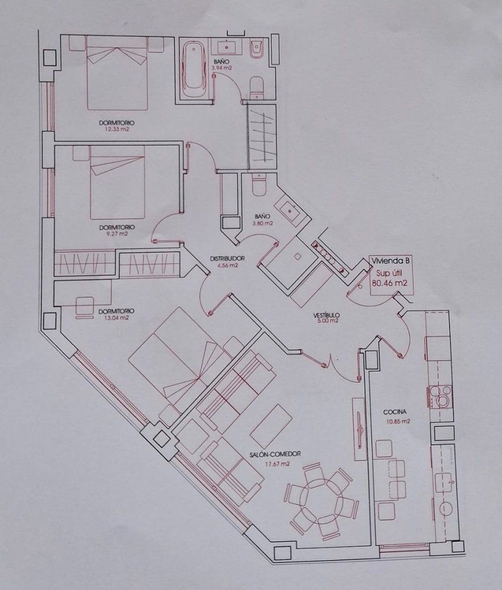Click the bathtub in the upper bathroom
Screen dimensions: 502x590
(x=193, y=70)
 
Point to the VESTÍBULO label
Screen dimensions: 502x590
(x=327, y=315)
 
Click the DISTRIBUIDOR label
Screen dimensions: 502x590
(x=227, y=259)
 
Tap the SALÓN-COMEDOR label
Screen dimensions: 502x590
(x=275, y=454)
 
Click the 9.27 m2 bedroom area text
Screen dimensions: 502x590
(x=117, y=234)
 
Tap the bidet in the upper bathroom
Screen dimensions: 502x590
(x=257, y=50)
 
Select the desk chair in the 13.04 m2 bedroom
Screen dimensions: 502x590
(x=84, y=307)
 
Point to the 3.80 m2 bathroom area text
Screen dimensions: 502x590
(x=263, y=223)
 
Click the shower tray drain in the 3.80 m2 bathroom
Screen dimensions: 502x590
(x=297, y=256)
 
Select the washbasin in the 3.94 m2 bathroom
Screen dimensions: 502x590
(x=227, y=48)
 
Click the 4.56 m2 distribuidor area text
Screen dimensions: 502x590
(x=227, y=265)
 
